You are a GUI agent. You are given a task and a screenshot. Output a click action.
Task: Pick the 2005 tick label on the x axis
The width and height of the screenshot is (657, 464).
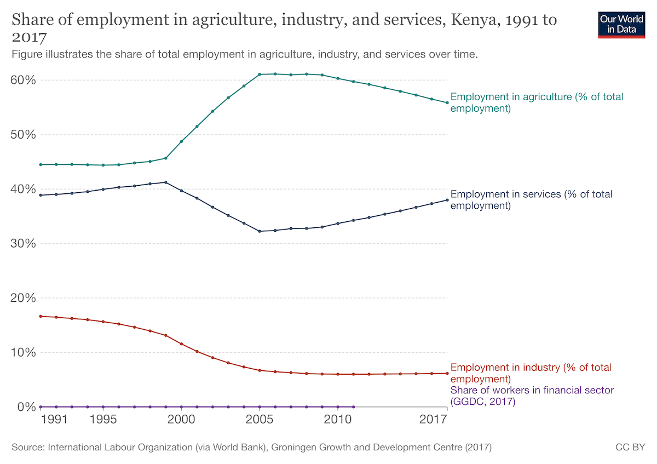tap(260, 420)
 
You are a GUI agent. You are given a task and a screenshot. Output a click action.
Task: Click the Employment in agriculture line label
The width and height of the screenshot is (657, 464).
tap(537, 102)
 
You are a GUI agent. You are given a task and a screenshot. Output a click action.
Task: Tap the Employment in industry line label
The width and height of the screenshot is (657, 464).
tap(531, 373)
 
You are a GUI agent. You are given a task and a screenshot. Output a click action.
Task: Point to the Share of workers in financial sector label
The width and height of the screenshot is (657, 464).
tap(532, 396)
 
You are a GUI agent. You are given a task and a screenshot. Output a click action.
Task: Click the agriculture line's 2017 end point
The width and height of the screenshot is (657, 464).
tap(447, 102)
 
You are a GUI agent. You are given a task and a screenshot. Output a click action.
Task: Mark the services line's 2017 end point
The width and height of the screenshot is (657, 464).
tap(447, 200)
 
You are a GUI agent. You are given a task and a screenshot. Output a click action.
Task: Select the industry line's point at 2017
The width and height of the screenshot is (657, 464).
tap(447, 373)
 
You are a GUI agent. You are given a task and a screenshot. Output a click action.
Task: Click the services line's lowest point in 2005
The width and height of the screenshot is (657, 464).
tap(260, 231)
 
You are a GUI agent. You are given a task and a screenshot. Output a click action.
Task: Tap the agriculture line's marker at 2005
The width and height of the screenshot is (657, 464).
tap(260, 75)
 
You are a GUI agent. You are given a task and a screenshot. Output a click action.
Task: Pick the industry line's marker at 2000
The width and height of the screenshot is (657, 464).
tap(181, 344)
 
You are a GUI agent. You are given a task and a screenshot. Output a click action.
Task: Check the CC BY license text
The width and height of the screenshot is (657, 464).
tap(631, 448)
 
